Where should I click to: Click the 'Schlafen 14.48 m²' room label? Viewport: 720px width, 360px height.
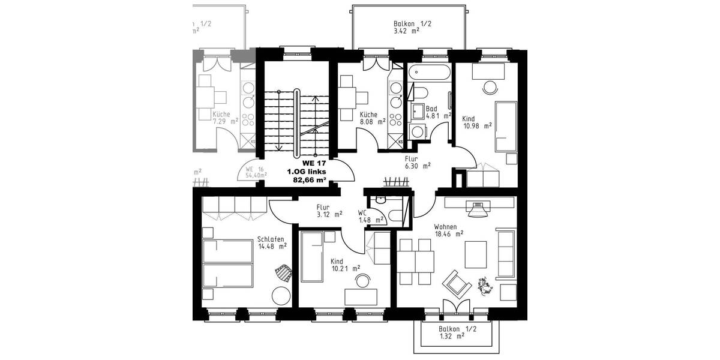(271, 242)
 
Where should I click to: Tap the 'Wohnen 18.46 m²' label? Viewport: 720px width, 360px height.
(448, 231)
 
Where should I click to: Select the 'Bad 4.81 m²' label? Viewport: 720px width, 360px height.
(434, 113)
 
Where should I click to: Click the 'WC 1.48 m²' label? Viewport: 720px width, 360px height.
(370, 217)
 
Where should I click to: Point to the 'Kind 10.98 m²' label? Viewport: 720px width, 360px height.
(476, 122)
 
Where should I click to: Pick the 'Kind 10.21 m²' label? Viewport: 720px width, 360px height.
(344, 265)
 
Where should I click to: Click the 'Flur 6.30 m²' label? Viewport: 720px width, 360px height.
(418, 161)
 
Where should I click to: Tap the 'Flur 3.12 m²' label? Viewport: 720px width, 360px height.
(329, 210)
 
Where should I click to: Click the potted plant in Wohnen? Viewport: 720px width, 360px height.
(485, 286)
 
